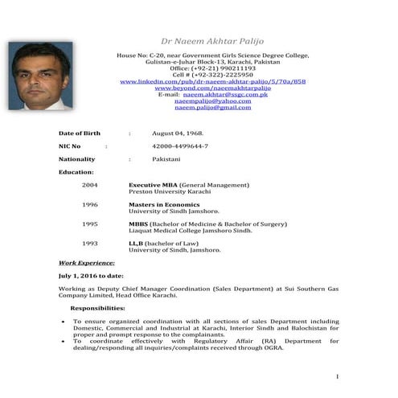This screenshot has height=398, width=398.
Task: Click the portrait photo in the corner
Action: [x=39, y=76]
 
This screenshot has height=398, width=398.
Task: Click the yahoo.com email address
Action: [x=213, y=101]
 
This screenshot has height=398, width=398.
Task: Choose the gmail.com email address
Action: [x=213, y=108]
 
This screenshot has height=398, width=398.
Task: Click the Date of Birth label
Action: [x=80, y=133]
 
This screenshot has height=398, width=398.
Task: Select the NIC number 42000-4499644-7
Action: [x=180, y=146]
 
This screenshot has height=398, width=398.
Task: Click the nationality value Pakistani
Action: [x=169, y=160]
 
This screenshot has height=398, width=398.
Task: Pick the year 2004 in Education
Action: [x=90, y=184]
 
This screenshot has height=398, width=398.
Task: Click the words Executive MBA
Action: [x=153, y=184]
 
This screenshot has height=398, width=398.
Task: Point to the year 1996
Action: [x=90, y=204]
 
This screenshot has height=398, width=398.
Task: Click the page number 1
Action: [x=338, y=376]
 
